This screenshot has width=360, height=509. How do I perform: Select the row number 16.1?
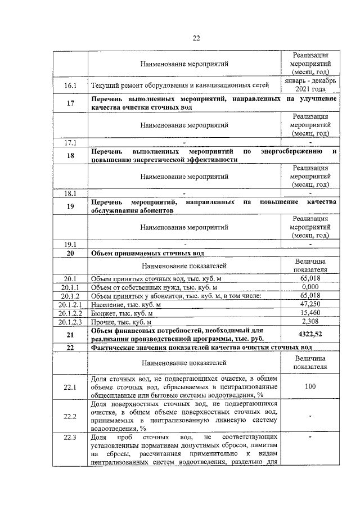[71, 86]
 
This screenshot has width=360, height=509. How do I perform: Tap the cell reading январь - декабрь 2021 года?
[310, 85]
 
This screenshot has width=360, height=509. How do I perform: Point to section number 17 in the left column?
[71, 102]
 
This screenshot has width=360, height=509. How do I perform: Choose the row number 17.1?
[71, 142]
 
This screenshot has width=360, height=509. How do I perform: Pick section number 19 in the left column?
[71, 206]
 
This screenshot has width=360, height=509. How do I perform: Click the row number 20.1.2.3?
[71, 322]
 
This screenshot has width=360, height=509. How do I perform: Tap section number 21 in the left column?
[71, 335]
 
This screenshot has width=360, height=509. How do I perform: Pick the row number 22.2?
[71, 416]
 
